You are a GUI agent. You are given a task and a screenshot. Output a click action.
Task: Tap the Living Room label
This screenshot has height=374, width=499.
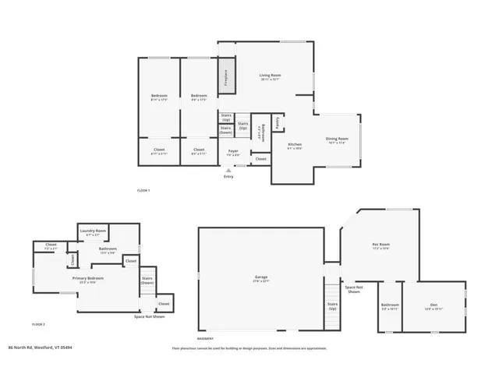coord(271,77)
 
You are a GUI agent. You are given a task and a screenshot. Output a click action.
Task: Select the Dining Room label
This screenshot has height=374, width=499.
coord(336,140)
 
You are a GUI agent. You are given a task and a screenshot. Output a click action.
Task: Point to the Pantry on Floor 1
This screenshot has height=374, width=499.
coord(278,123)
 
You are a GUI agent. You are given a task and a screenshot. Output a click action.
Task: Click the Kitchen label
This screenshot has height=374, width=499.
coord(295,146)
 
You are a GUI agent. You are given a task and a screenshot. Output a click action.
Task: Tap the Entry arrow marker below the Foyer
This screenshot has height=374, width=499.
coord(228,170)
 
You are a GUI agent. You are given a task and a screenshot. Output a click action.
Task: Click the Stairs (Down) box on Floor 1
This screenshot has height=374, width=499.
coord(225,130)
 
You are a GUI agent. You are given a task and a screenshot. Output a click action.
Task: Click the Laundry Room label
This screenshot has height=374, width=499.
coord(93,233)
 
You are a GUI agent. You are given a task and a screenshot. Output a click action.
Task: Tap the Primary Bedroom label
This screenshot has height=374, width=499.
coord(88,279)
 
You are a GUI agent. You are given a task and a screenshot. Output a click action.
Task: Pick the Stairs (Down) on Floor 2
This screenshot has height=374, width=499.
coord(147,280)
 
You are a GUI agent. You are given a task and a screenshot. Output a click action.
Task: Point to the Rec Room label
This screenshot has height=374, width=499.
coord(380,246)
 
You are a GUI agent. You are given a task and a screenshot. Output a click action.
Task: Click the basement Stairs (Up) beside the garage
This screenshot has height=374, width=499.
coord(332,306)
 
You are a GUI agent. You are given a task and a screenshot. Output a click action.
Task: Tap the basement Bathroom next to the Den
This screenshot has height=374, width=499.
coord(390,306)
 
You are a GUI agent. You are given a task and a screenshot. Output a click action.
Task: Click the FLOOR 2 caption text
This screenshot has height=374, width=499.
coord(38,323)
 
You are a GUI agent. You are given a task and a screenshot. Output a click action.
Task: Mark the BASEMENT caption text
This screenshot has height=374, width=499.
coord(205,339)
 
